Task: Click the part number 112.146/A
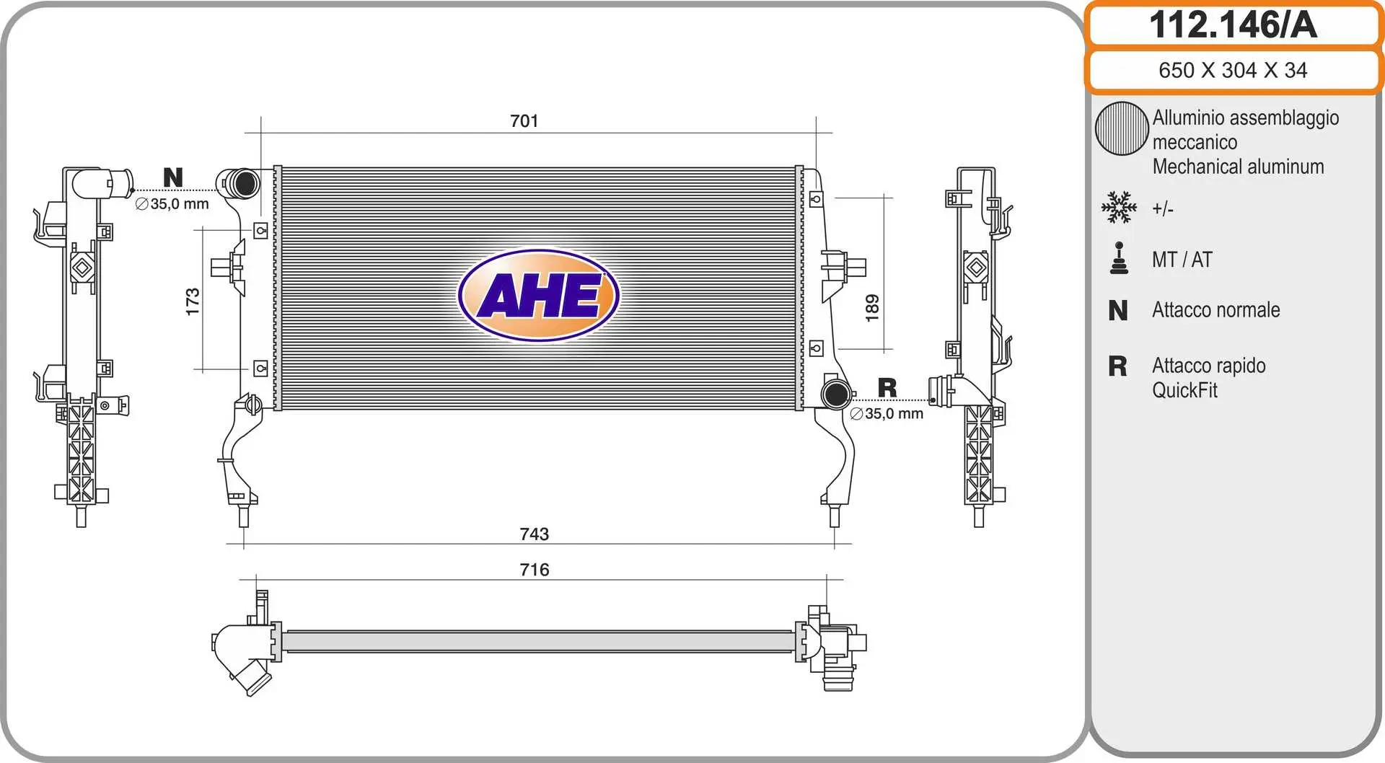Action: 1233,25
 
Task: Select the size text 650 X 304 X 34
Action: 1233,70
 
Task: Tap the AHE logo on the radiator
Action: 539,295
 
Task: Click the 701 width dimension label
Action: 524,121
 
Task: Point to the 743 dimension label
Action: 535,534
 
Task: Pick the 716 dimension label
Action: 535,570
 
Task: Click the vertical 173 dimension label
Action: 193,301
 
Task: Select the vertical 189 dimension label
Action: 872,308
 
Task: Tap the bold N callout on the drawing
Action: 173,177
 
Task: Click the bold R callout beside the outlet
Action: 887,388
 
